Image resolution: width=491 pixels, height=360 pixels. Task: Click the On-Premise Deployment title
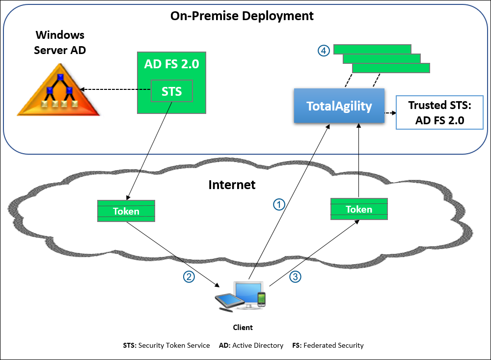[x=242, y=16]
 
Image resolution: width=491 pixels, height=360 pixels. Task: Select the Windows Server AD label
[x=60, y=42]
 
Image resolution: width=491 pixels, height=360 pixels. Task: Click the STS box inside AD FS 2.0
[x=172, y=91]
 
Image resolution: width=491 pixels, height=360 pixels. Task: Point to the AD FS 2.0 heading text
[x=171, y=64]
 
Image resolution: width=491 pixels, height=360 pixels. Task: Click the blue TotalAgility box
[x=339, y=106]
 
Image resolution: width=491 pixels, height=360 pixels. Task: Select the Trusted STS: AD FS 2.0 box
[x=439, y=112]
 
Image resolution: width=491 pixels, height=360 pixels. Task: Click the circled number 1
[x=279, y=204]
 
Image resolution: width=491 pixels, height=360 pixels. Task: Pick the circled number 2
[x=189, y=277]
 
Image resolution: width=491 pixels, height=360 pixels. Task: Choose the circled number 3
[x=295, y=277]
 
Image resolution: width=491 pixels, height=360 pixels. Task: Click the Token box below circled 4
[x=359, y=209]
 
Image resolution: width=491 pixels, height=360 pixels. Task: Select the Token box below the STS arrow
[x=126, y=211]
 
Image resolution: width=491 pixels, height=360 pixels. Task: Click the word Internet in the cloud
[x=232, y=185]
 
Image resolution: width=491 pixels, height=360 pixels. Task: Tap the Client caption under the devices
[x=243, y=328]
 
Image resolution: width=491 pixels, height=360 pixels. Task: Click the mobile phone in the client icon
[x=261, y=299]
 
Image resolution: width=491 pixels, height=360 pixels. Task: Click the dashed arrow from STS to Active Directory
[x=115, y=90]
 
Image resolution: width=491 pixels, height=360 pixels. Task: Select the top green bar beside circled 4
[x=372, y=49]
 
